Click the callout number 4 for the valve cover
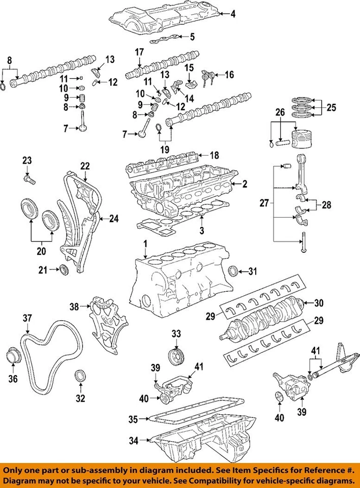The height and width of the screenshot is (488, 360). point(233,15)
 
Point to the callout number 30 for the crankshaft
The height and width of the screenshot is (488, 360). point(319,303)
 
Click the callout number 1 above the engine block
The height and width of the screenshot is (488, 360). point(145,245)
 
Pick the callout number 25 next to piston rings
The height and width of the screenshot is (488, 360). point(332,108)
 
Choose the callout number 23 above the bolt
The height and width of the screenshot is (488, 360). point(26,161)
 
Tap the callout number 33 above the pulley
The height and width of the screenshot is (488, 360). point(176,334)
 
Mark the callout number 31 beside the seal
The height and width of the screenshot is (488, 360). point(253,270)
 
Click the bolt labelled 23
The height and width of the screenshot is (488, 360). point(28,179)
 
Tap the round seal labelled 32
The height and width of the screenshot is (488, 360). point(80,377)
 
